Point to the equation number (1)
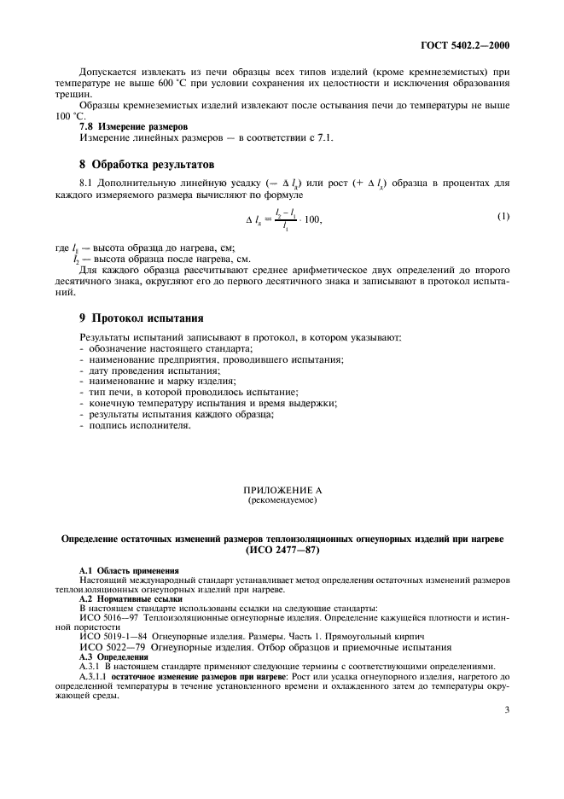(x=504, y=217)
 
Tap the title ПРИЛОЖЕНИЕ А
(x=282, y=491)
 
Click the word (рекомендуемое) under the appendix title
(x=282, y=501)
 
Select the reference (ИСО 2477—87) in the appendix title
(x=282, y=551)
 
